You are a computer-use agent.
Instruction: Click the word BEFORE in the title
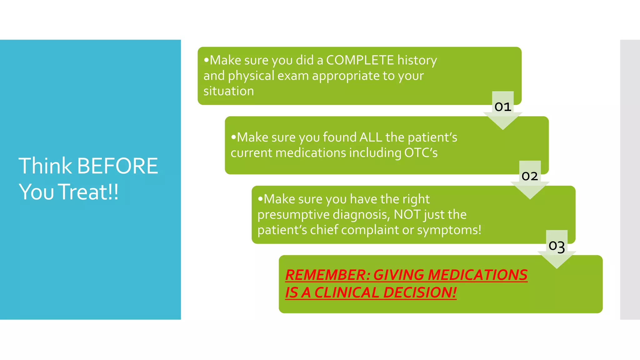point(117,166)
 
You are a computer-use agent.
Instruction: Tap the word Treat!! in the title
point(89,192)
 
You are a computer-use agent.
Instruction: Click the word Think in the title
point(45,166)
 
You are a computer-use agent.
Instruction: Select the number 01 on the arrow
point(503,107)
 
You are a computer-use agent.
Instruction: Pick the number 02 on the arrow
point(530,176)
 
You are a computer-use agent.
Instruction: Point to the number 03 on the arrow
point(557,246)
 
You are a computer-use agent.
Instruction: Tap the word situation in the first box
point(228,91)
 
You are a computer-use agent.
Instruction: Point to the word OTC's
point(421,153)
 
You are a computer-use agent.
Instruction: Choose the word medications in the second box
point(311,153)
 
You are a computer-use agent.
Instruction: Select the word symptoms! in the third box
point(449,230)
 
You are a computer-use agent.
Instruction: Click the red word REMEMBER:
point(327,275)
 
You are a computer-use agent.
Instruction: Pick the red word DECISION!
point(420,293)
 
